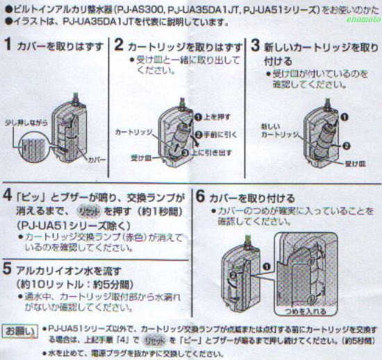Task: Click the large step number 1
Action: [x=8, y=46]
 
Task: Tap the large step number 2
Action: [x=119, y=46]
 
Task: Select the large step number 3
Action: [x=256, y=46]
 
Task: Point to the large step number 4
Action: [x=8, y=191]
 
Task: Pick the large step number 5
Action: [x=8, y=267]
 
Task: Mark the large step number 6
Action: [x=200, y=197]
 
